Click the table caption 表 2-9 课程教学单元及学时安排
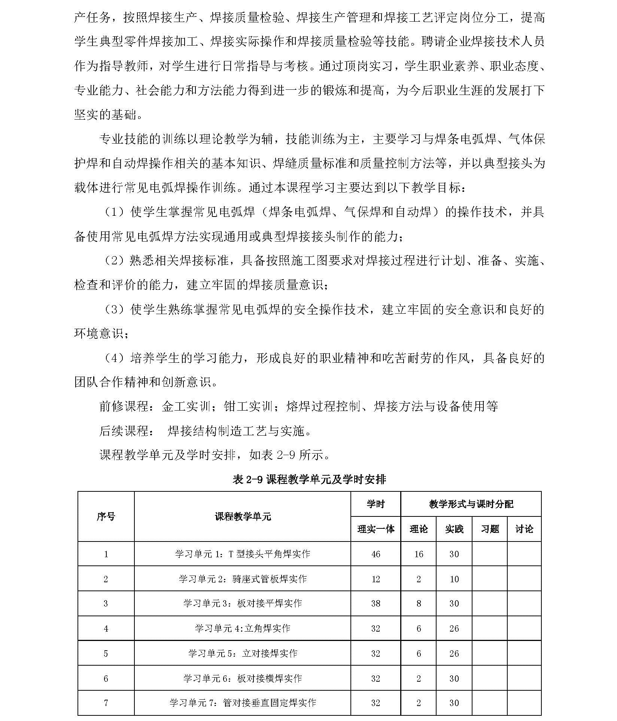coord(309,479)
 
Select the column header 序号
coord(106,516)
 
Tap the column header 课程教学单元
coord(243,516)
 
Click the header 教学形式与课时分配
coord(471,504)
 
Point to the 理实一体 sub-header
coord(376,529)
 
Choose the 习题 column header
coord(490,529)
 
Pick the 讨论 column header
coord(524,529)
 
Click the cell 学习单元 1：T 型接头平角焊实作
coord(243,553)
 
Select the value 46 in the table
coord(376,554)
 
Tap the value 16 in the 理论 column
coord(419,554)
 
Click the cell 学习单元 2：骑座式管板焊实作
coord(243,579)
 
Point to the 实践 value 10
coord(454,579)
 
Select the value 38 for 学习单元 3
coord(376,604)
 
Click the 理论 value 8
coord(419,604)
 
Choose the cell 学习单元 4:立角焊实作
coord(243,628)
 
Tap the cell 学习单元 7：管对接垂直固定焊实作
coord(243,703)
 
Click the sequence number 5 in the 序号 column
coord(106,654)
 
